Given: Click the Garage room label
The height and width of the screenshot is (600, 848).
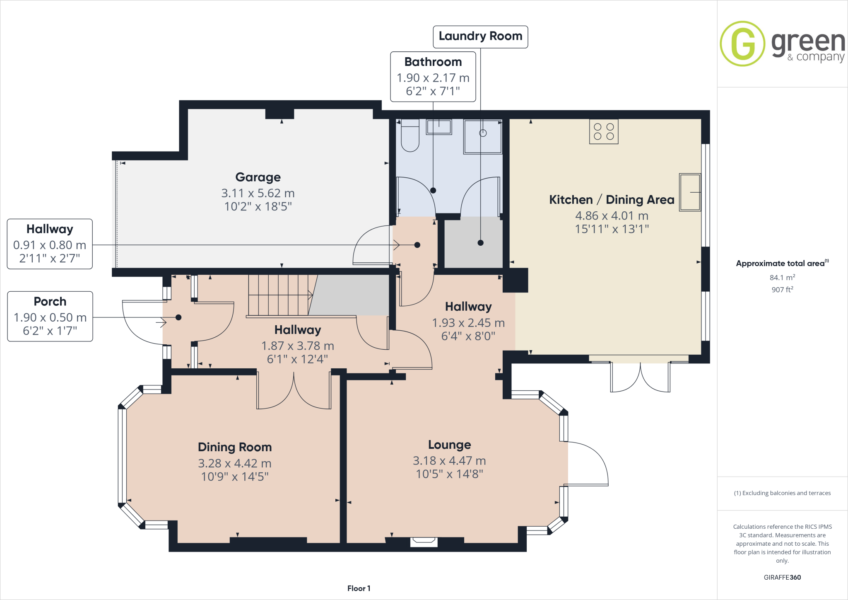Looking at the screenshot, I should click(x=258, y=177).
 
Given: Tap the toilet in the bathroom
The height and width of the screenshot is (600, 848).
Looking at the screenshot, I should click(x=410, y=135).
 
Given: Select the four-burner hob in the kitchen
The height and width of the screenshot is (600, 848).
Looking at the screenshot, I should click(x=604, y=132).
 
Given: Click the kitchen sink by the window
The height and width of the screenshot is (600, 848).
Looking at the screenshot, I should click(x=690, y=192).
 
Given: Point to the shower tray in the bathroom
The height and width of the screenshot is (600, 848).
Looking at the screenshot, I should click(x=483, y=136).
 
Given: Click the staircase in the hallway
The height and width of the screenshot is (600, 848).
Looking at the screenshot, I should click(x=279, y=295).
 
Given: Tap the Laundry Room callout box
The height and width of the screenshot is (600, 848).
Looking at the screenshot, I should click(x=480, y=36).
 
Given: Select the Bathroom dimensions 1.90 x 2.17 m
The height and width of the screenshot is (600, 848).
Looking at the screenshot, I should click(x=433, y=78).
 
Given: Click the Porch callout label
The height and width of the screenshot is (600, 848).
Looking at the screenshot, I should click(x=50, y=302).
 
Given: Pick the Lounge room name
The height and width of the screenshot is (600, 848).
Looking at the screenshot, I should click(x=449, y=445).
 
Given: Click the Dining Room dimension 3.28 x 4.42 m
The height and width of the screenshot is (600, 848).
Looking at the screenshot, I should click(x=235, y=463).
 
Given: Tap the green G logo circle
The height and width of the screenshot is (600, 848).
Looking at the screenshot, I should click(x=742, y=44).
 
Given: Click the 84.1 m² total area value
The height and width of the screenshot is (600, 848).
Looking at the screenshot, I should click(x=782, y=278).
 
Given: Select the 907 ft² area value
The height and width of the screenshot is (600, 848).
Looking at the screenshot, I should click(x=782, y=290).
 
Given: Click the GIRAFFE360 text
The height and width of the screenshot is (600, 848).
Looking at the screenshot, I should click(x=782, y=577).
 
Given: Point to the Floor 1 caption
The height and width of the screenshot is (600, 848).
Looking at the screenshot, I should click(x=359, y=588).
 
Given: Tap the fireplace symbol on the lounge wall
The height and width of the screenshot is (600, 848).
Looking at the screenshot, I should click(x=424, y=541).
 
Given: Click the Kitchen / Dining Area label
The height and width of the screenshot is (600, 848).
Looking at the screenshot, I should click(x=612, y=200).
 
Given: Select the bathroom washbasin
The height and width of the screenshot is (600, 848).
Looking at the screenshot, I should click(x=439, y=127).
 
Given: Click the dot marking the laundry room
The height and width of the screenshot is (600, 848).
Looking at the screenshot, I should click(x=480, y=243).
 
